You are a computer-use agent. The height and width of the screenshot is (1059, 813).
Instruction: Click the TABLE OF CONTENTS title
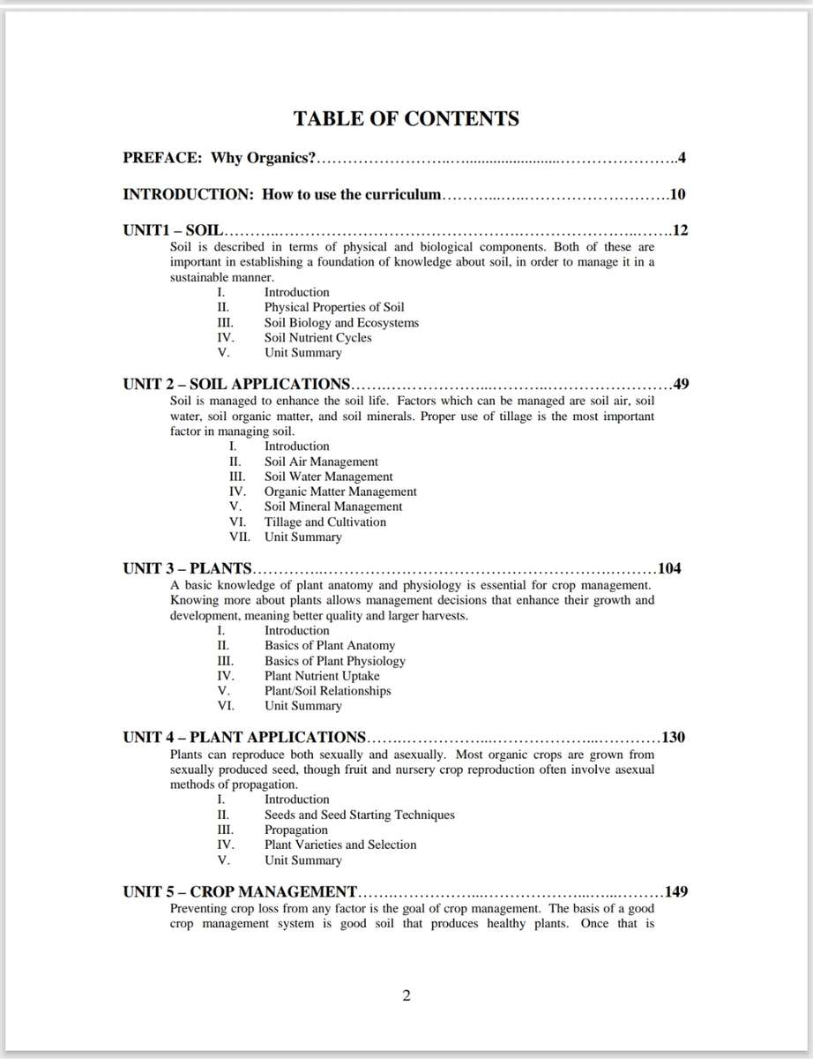click(406, 119)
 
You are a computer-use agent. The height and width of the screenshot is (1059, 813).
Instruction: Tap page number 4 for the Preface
click(682, 159)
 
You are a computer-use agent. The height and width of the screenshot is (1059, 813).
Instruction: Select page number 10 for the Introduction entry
click(677, 194)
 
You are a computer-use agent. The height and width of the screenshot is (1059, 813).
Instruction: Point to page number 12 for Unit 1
click(680, 231)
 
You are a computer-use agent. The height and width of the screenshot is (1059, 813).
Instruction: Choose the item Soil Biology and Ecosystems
click(341, 323)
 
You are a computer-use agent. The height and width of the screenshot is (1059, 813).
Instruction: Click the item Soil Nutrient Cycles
click(317, 338)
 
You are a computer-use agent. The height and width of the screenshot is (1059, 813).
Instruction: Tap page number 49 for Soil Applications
click(680, 384)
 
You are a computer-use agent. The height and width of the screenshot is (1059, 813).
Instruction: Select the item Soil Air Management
click(321, 462)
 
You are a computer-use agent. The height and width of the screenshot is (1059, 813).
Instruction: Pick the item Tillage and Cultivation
click(324, 522)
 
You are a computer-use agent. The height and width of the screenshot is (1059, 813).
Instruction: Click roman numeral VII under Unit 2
click(239, 537)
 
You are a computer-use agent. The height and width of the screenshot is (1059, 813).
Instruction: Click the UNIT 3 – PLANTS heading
click(187, 568)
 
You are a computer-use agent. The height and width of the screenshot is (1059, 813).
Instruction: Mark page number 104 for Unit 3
click(669, 568)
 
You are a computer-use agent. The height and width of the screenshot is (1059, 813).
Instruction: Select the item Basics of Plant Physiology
click(335, 661)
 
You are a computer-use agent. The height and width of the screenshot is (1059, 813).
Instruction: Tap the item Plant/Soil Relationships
click(327, 691)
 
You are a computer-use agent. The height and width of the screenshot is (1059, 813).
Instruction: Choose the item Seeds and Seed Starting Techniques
click(359, 815)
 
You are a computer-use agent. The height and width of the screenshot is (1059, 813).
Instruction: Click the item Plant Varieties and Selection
click(339, 845)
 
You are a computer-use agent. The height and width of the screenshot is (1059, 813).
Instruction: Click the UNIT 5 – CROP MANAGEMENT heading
click(240, 891)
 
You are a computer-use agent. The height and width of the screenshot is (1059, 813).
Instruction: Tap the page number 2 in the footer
click(406, 996)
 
